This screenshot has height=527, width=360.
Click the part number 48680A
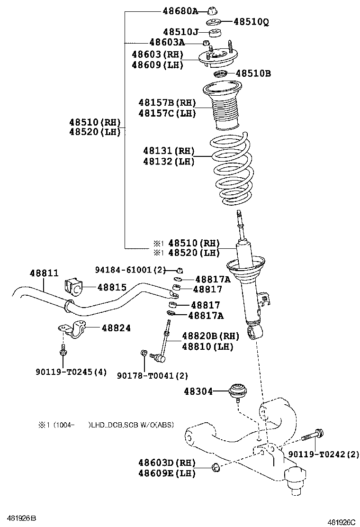(180, 10)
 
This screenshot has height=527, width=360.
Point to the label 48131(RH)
(169, 151)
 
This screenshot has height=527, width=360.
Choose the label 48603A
(167, 42)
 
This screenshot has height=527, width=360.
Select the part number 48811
(44, 273)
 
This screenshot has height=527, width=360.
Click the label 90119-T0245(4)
(71, 372)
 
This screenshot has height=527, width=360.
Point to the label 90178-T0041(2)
(153, 375)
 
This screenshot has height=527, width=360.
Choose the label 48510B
(253, 73)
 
